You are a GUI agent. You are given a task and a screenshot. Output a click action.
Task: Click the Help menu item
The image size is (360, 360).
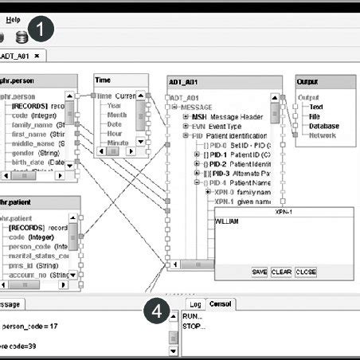pos(14,18)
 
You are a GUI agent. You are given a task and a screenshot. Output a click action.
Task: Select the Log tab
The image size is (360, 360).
pos(195,304)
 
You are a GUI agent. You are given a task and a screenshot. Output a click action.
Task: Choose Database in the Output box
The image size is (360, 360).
pos(324,126)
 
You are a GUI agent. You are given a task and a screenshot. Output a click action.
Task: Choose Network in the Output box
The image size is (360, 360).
pos(323,135)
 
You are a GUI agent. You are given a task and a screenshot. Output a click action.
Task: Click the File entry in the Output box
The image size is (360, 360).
pos(315,116)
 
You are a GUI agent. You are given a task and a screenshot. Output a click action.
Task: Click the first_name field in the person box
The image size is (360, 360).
pos(29,134)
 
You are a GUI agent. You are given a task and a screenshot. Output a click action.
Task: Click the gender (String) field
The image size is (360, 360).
pos(34,151)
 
